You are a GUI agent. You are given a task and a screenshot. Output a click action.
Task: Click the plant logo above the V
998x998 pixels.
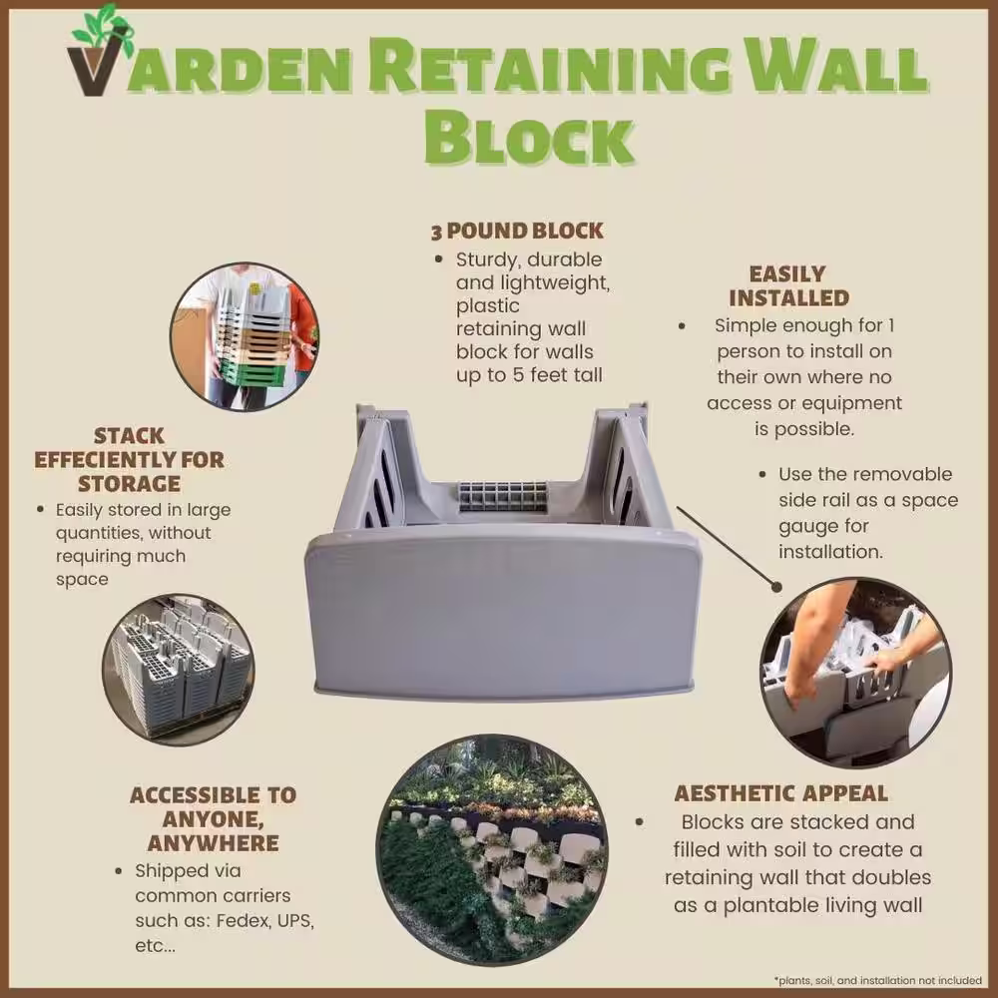click(103, 29)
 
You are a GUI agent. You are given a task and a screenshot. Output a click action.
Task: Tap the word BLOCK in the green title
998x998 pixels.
click(529, 137)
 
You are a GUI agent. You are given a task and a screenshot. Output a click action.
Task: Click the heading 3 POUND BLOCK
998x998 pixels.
click(517, 232)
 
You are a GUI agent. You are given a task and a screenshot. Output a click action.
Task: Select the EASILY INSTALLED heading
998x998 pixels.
click(788, 285)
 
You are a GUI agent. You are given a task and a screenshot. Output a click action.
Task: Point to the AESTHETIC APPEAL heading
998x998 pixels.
click(781, 793)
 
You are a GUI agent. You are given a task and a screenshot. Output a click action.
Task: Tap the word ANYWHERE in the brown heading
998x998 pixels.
click(214, 842)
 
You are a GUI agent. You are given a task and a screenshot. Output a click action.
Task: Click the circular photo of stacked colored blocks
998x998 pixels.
click(246, 336)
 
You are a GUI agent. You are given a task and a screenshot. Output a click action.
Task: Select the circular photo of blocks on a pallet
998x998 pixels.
click(179, 670)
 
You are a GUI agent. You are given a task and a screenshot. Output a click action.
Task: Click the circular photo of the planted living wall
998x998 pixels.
click(492, 849)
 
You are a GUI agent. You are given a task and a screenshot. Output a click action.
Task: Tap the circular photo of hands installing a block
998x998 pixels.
click(856, 672)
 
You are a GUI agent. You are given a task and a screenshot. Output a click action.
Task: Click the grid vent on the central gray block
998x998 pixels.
click(503, 496)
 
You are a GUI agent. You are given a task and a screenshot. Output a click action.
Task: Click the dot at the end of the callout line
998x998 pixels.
click(776, 587)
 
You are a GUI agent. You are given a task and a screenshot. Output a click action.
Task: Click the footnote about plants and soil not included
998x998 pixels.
click(877, 980)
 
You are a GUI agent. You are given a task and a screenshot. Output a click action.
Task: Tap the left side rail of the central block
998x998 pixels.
click(375, 471)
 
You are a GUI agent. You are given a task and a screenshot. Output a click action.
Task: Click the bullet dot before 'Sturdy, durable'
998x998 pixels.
click(438, 259)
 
